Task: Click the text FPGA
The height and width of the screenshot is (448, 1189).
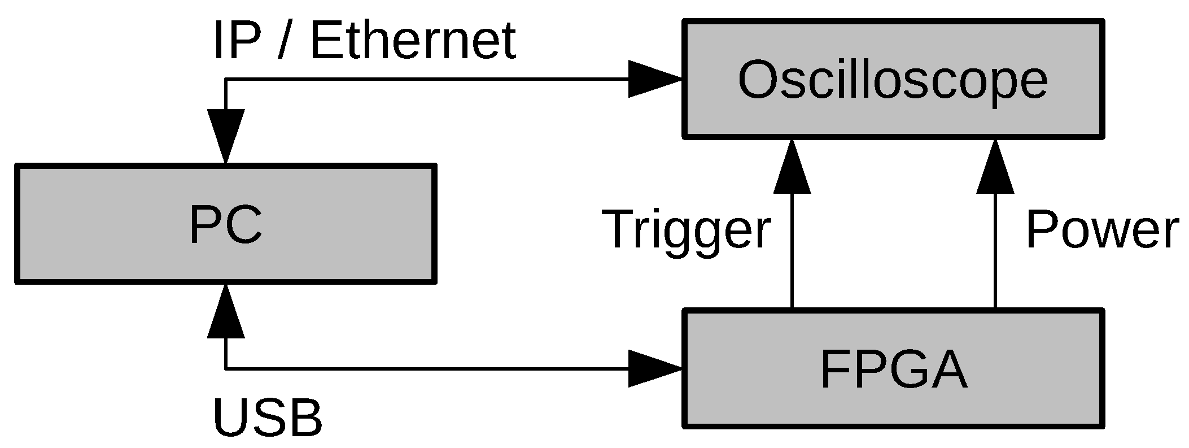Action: (893, 370)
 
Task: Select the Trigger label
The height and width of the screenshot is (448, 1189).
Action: (686, 229)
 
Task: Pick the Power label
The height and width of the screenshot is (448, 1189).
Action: (1102, 229)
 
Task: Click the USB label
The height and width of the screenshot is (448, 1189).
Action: (268, 419)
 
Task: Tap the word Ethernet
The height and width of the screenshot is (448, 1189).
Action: (413, 41)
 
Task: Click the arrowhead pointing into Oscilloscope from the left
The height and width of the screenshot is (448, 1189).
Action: (655, 79)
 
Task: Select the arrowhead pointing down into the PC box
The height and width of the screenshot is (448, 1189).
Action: (226, 136)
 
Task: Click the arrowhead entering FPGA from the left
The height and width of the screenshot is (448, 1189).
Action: (655, 369)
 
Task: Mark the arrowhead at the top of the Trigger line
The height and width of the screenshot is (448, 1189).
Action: (792, 168)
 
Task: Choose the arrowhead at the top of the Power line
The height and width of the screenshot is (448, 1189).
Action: (995, 168)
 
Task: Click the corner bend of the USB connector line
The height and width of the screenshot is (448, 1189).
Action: (226, 369)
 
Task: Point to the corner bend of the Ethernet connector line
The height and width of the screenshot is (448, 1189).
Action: (226, 79)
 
